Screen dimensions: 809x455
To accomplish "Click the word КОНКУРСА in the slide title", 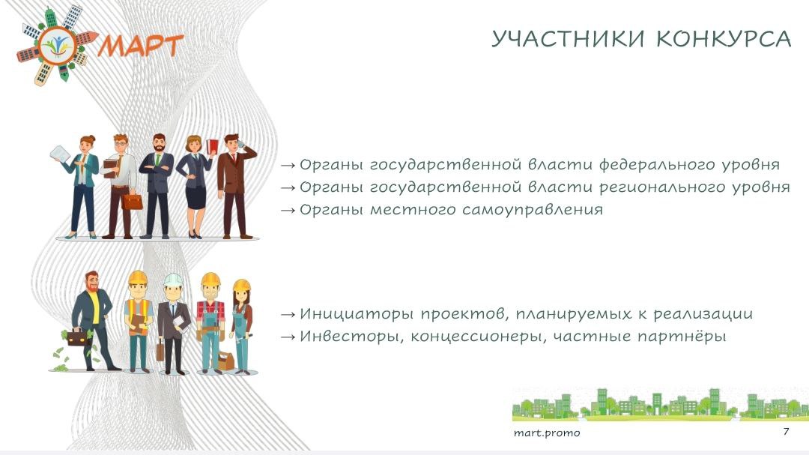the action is click(724, 39).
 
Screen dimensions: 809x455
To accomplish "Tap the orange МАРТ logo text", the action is click(141, 46).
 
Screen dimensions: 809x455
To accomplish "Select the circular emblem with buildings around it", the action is click(58, 46).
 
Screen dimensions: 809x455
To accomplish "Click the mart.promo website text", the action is click(547, 433).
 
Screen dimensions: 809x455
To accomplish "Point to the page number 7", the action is click(786, 431).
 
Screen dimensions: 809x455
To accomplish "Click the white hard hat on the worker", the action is click(173, 280).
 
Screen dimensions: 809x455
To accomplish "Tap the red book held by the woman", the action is click(212, 146).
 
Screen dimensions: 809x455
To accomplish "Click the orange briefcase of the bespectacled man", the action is click(132, 202).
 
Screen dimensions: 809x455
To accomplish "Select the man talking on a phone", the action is click(236, 186).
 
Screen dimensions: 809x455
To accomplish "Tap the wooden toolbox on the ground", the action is click(225, 361).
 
